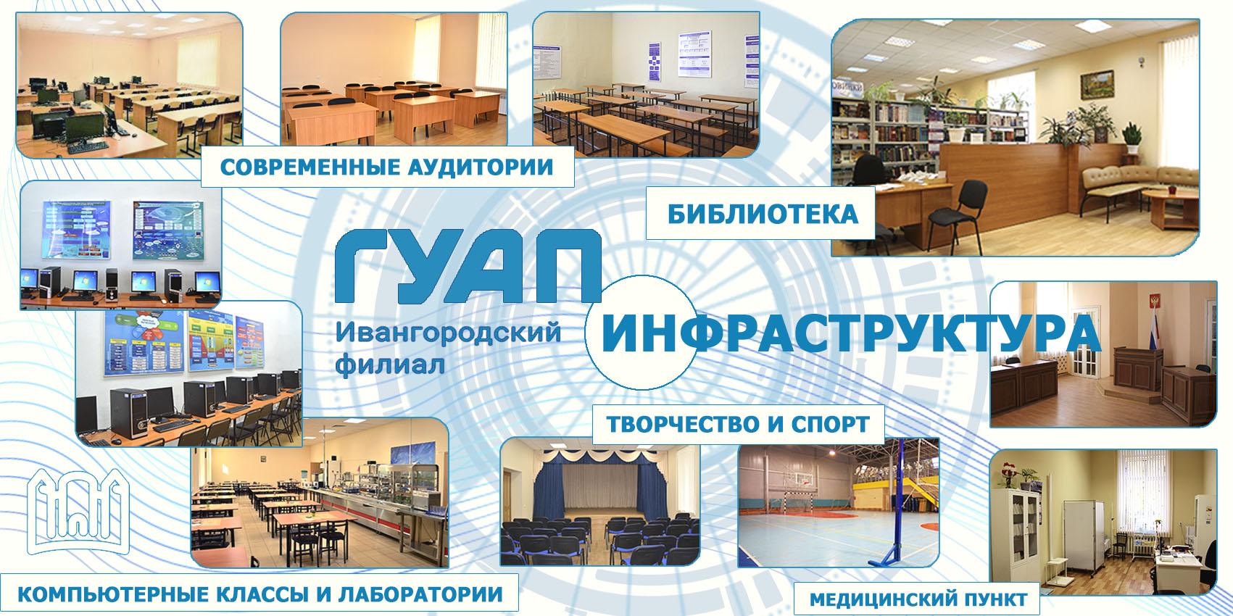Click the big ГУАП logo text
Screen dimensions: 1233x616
tap(468, 266)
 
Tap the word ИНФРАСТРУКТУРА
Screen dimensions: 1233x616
tap(851, 333)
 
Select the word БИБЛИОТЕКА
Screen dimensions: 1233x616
tap(763, 214)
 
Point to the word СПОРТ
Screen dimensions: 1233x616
tap(831, 425)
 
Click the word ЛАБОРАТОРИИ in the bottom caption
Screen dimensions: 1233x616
tap(420, 594)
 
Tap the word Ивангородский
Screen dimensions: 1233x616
tap(448, 333)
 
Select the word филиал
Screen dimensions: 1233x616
tap(390, 365)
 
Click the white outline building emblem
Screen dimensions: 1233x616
tap(78, 511)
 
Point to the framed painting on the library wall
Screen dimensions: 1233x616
tap(1097, 85)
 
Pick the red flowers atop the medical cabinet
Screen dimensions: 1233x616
tap(1008, 474)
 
